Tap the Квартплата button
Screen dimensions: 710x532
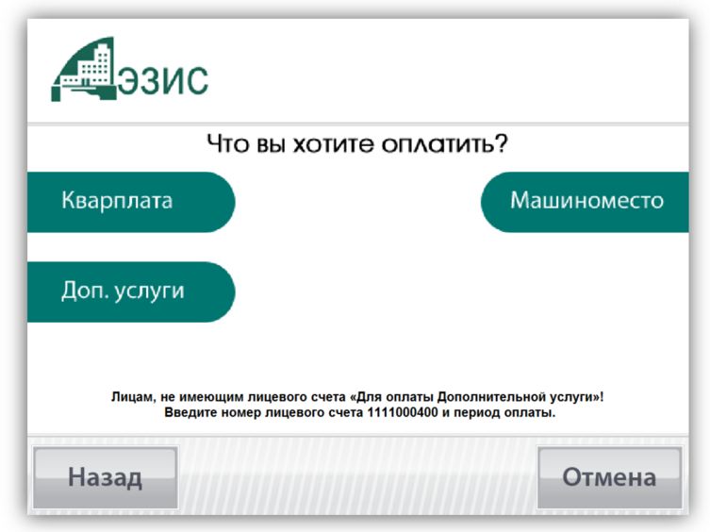(131, 202)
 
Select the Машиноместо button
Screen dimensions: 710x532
(585, 202)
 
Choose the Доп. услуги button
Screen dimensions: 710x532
(131, 291)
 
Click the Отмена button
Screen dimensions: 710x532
(609, 477)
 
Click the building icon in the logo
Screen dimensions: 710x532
(84, 70)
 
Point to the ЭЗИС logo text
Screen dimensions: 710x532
(163, 81)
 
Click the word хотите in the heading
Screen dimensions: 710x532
(334, 144)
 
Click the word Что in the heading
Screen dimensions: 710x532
(228, 143)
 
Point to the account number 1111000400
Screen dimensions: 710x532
(403, 413)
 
